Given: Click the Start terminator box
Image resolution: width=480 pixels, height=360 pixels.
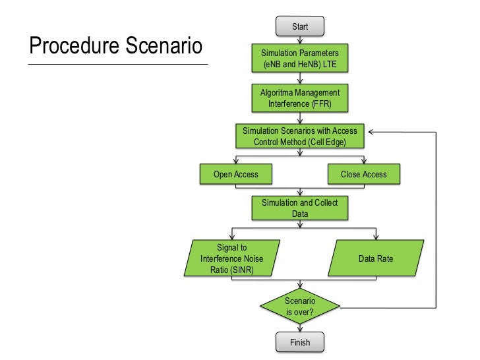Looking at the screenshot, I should coord(299,26).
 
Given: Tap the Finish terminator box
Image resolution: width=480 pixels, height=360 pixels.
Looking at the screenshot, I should coord(299,343).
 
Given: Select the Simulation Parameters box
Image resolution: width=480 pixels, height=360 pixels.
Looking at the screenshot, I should coord(299,59).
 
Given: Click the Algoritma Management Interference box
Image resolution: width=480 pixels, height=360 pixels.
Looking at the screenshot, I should coord(299,98).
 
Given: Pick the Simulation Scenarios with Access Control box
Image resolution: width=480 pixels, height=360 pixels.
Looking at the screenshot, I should coord(299,136).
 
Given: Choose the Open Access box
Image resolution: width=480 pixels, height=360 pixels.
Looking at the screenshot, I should coord(235,174).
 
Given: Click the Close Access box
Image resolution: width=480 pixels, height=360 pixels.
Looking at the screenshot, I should coord(363,174).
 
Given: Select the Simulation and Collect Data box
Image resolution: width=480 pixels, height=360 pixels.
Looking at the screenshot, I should coord(299,208).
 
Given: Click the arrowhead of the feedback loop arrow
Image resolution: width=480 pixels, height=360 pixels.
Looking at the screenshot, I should coord(371,131).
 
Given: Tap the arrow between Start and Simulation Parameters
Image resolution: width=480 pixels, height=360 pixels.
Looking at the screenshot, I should coord(299,40).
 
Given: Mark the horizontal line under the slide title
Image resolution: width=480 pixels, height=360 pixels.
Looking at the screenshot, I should coord(117,64).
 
